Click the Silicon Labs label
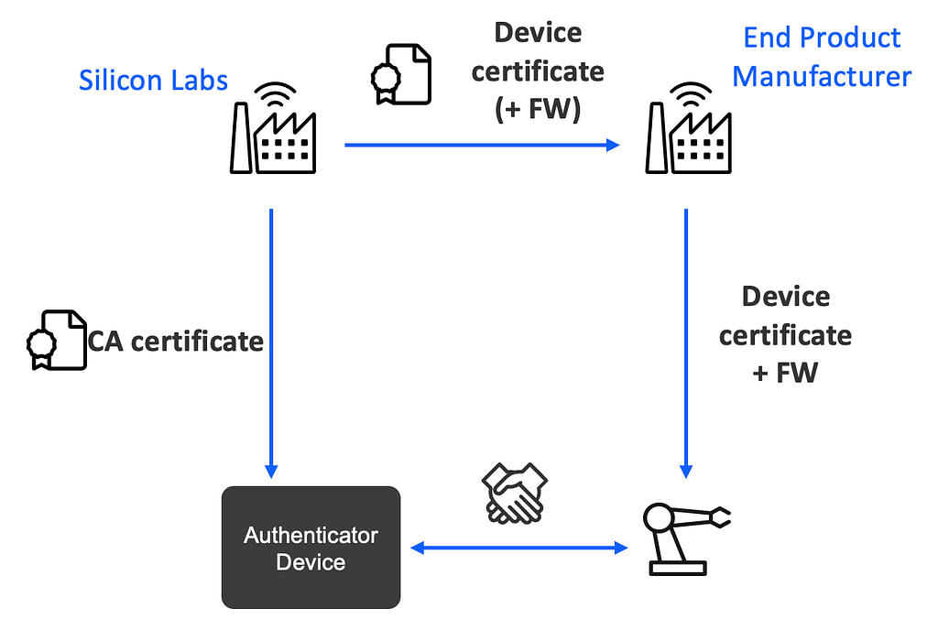pos(153,81)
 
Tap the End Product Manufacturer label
pos(822,57)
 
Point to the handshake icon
pos(515,494)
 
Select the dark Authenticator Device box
pos(311,548)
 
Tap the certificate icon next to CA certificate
pos(55,340)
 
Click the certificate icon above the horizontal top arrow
pos(400,72)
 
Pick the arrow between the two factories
pos(482,145)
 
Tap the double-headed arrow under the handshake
pos(518,548)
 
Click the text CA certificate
pos(176,342)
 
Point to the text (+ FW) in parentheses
pos(537,109)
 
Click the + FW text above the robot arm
pos(784,374)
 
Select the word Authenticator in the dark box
pos(311,535)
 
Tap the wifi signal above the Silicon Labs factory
pos(274,95)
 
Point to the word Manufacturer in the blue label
pos(822,76)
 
